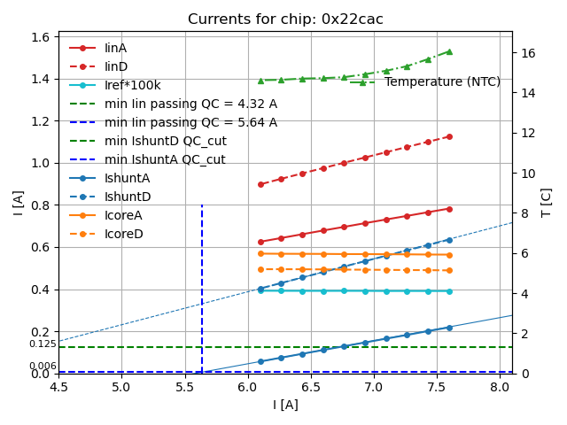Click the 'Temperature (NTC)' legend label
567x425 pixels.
point(442,81)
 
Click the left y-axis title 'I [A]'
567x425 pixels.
point(19,203)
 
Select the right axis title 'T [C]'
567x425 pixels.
point(546,203)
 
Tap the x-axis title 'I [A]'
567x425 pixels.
point(285,405)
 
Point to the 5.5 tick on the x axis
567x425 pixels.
point(184,387)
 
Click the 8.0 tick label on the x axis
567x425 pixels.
point(500,387)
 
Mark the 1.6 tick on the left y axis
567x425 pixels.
point(41,37)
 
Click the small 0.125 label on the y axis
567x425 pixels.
point(43,344)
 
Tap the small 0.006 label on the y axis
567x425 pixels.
point(43,366)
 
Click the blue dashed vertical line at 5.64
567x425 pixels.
point(202,283)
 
